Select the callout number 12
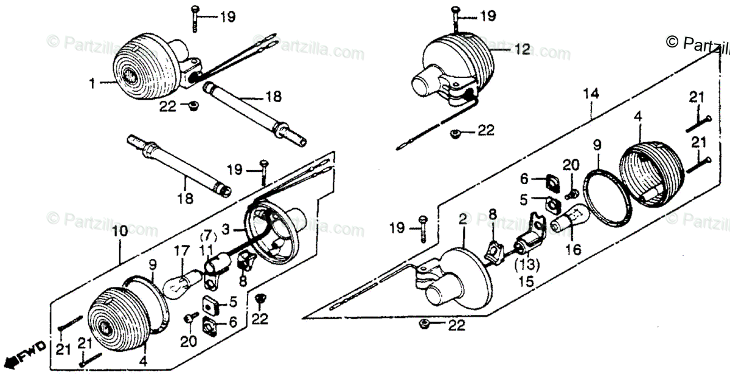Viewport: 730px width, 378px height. tap(523, 50)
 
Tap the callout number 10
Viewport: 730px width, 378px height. tap(119, 232)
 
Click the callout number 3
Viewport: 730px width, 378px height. tap(226, 229)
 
